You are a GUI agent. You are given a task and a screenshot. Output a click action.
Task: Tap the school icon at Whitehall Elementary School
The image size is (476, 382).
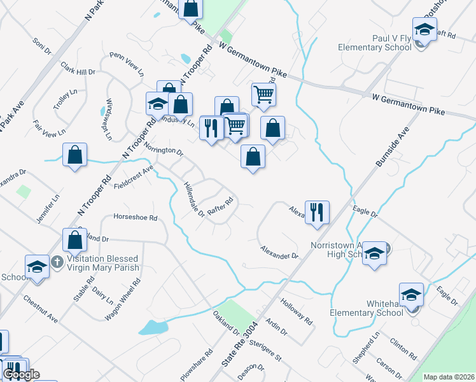click(411, 295)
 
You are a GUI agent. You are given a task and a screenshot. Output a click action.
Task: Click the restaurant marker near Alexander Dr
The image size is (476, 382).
click(316, 211)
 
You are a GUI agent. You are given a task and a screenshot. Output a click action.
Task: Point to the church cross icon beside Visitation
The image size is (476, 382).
click(57, 261)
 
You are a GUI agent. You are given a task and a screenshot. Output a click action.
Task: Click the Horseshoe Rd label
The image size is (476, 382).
click(135, 217)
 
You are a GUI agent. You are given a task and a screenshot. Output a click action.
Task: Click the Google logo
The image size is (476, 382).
click(21, 374)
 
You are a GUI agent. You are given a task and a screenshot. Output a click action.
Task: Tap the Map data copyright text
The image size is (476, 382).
click(449, 377)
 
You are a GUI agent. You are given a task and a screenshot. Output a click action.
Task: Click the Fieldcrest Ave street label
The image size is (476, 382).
click(134, 176)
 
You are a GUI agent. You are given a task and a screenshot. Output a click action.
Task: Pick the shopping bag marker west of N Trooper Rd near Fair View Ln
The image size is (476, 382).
click(74, 155)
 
